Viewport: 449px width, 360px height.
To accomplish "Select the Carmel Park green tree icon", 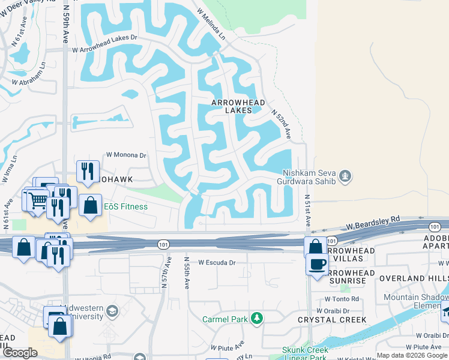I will pos(257,318).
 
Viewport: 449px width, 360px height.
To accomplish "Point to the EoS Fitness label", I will pos(125,207).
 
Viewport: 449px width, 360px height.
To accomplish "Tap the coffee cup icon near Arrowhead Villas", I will pos(317,263).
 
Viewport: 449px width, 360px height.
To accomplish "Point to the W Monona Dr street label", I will pos(126,155).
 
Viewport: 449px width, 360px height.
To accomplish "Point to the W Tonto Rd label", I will pos(342,298).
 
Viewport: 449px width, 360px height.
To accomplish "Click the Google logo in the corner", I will pos(20,353).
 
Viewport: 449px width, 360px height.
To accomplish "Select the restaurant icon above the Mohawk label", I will pos(88,171).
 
